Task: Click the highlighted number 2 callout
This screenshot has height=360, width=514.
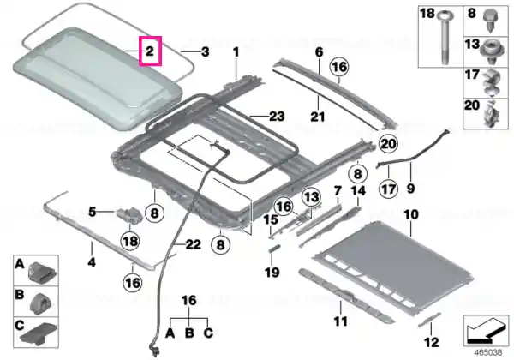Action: [x=150, y=51]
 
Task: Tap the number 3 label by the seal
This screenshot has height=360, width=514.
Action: [x=205, y=51]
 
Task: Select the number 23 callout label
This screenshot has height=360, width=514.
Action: [x=277, y=116]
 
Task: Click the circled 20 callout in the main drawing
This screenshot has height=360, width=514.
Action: [x=388, y=144]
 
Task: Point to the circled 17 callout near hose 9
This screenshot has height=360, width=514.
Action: [x=389, y=189]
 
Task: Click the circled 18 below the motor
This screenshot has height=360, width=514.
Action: [x=130, y=242]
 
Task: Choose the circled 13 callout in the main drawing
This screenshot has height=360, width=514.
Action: [x=311, y=197]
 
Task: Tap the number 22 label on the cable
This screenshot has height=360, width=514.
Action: [x=193, y=244]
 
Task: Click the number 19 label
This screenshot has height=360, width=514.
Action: [x=272, y=272]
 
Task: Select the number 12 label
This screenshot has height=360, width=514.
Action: [x=432, y=342]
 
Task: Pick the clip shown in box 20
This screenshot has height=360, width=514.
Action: [x=491, y=113]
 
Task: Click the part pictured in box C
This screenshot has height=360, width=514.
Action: [x=39, y=334]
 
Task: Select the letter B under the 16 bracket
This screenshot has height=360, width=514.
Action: [x=189, y=333]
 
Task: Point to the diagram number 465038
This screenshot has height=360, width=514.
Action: [x=488, y=352]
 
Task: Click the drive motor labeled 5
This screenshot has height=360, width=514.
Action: [x=129, y=215]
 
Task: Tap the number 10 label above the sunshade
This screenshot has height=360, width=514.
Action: [x=411, y=215]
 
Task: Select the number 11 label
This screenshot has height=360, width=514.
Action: [x=340, y=321]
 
